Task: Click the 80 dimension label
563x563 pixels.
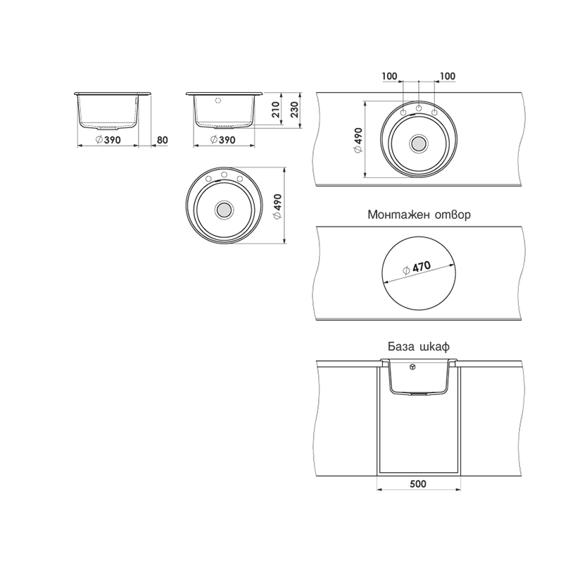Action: point(163,140)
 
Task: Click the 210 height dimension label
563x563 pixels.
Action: point(275,110)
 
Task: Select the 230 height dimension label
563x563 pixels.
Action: point(294,110)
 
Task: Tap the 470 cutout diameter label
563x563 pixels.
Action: point(417,268)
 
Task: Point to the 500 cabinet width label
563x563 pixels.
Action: point(418,484)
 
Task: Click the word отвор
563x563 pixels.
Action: point(453,215)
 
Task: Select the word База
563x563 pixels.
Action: point(399,347)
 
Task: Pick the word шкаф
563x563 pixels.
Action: point(434,347)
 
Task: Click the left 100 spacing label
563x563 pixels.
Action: point(390,76)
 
